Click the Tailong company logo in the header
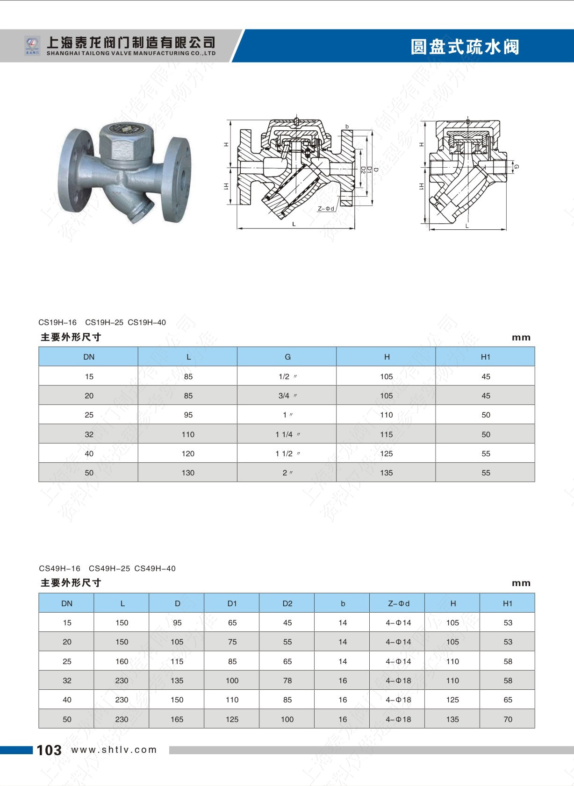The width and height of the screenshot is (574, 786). pyautogui.click(x=33, y=46)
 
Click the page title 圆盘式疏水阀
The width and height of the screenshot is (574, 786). pyautogui.click(x=465, y=47)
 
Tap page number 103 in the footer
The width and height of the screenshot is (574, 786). pyautogui.click(x=49, y=750)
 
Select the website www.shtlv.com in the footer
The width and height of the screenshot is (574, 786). pyautogui.click(x=114, y=750)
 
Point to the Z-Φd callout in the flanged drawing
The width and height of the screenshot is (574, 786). pyautogui.click(x=326, y=209)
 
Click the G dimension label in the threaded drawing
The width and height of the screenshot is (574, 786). pyautogui.click(x=516, y=167)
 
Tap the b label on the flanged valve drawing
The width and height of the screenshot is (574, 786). pyautogui.click(x=347, y=127)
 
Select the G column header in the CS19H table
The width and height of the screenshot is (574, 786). pyautogui.click(x=287, y=357)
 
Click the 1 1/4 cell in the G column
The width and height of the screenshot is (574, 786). pyautogui.click(x=287, y=434)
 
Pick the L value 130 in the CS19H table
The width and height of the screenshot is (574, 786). pyautogui.click(x=188, y=473)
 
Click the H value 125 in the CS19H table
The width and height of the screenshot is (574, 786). pyautogui.click(x=386, y=453)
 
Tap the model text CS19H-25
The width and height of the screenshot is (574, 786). pyautogui.click(x=104, y=322)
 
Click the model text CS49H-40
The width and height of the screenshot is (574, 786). pyautogui.click(x=155, y=568)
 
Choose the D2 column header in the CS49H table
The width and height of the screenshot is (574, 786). pyautogui.click(x=287, y=603)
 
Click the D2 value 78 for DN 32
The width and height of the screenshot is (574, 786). pyautogui.click(x=287, y=680)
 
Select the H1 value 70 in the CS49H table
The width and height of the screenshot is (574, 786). pyautogui.click(x=508, y=719)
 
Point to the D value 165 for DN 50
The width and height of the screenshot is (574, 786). pyautogui.click(x=177, y=719)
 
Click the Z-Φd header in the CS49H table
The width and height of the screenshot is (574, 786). pyautogui.click(x=398, y=603)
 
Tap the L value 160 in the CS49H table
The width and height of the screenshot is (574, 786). pyautogui.click(x=122, y=661)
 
